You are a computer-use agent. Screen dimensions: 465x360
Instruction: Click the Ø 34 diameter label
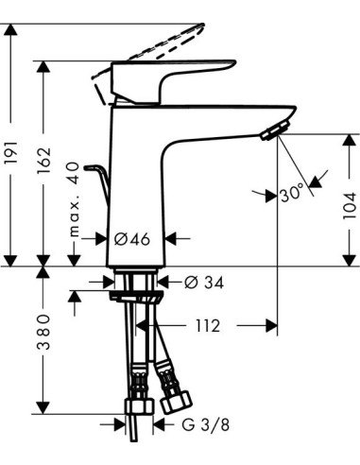pos(199,281)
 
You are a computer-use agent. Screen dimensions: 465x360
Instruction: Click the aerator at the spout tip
pos(273,131)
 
